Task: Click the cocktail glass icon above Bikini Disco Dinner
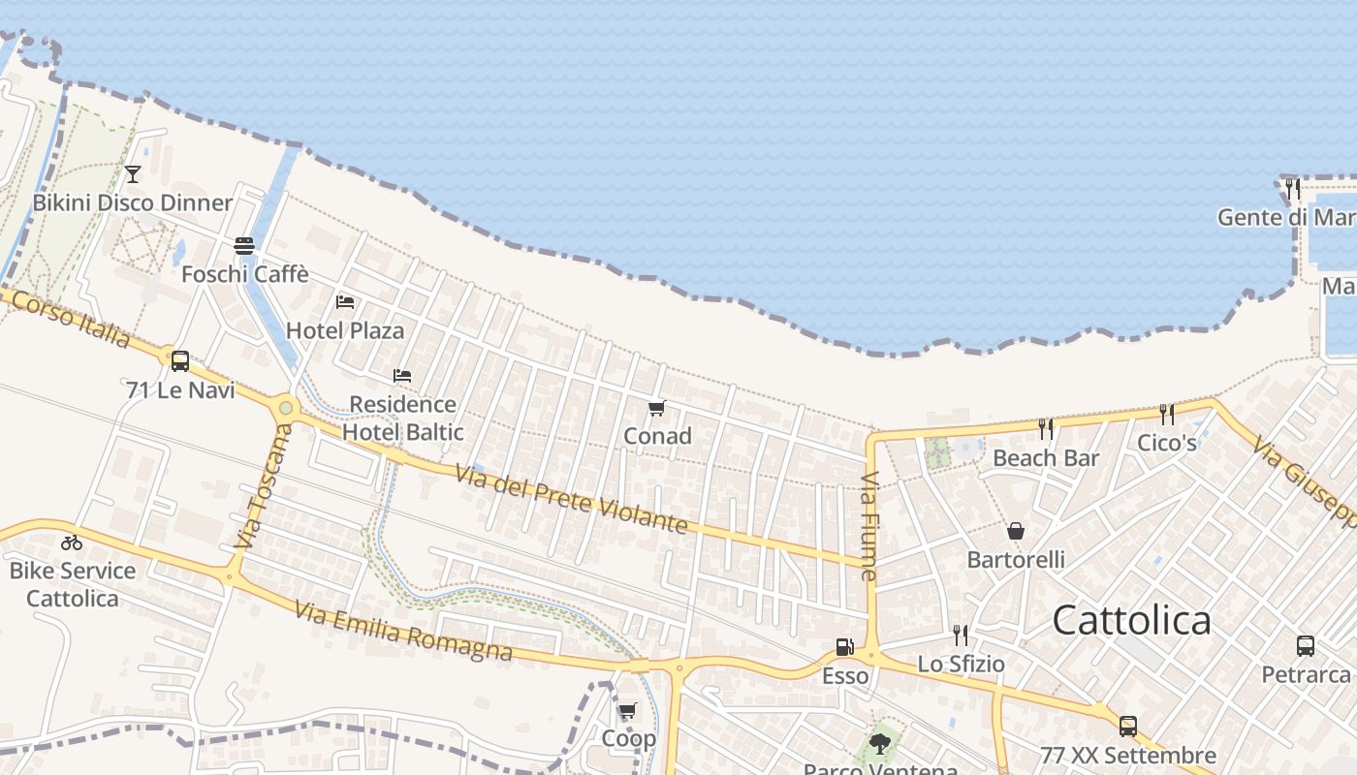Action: (133, 174)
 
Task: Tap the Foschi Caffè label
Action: (244, 274)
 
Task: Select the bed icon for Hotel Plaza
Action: (345, 302)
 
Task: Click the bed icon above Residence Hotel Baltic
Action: (402, 376)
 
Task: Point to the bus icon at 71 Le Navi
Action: (180, 361)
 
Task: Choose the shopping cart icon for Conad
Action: (657, 408)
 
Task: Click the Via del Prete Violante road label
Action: (571, 497)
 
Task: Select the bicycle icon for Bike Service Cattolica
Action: (72, 542)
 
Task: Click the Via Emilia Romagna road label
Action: (403, 633)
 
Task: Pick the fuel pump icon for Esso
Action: (845, 647)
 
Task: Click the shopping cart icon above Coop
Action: (628, 711)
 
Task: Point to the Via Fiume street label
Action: (869, 526)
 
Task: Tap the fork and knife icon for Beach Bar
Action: (1046, 428)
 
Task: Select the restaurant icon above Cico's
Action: (1167, 415)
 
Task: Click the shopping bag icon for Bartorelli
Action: (1016, 531)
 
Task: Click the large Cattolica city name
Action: (1131, 620)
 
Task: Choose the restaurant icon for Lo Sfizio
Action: (961, 635)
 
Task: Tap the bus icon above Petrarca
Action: (1306, 645)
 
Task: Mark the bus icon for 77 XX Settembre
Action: (1128, 727)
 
